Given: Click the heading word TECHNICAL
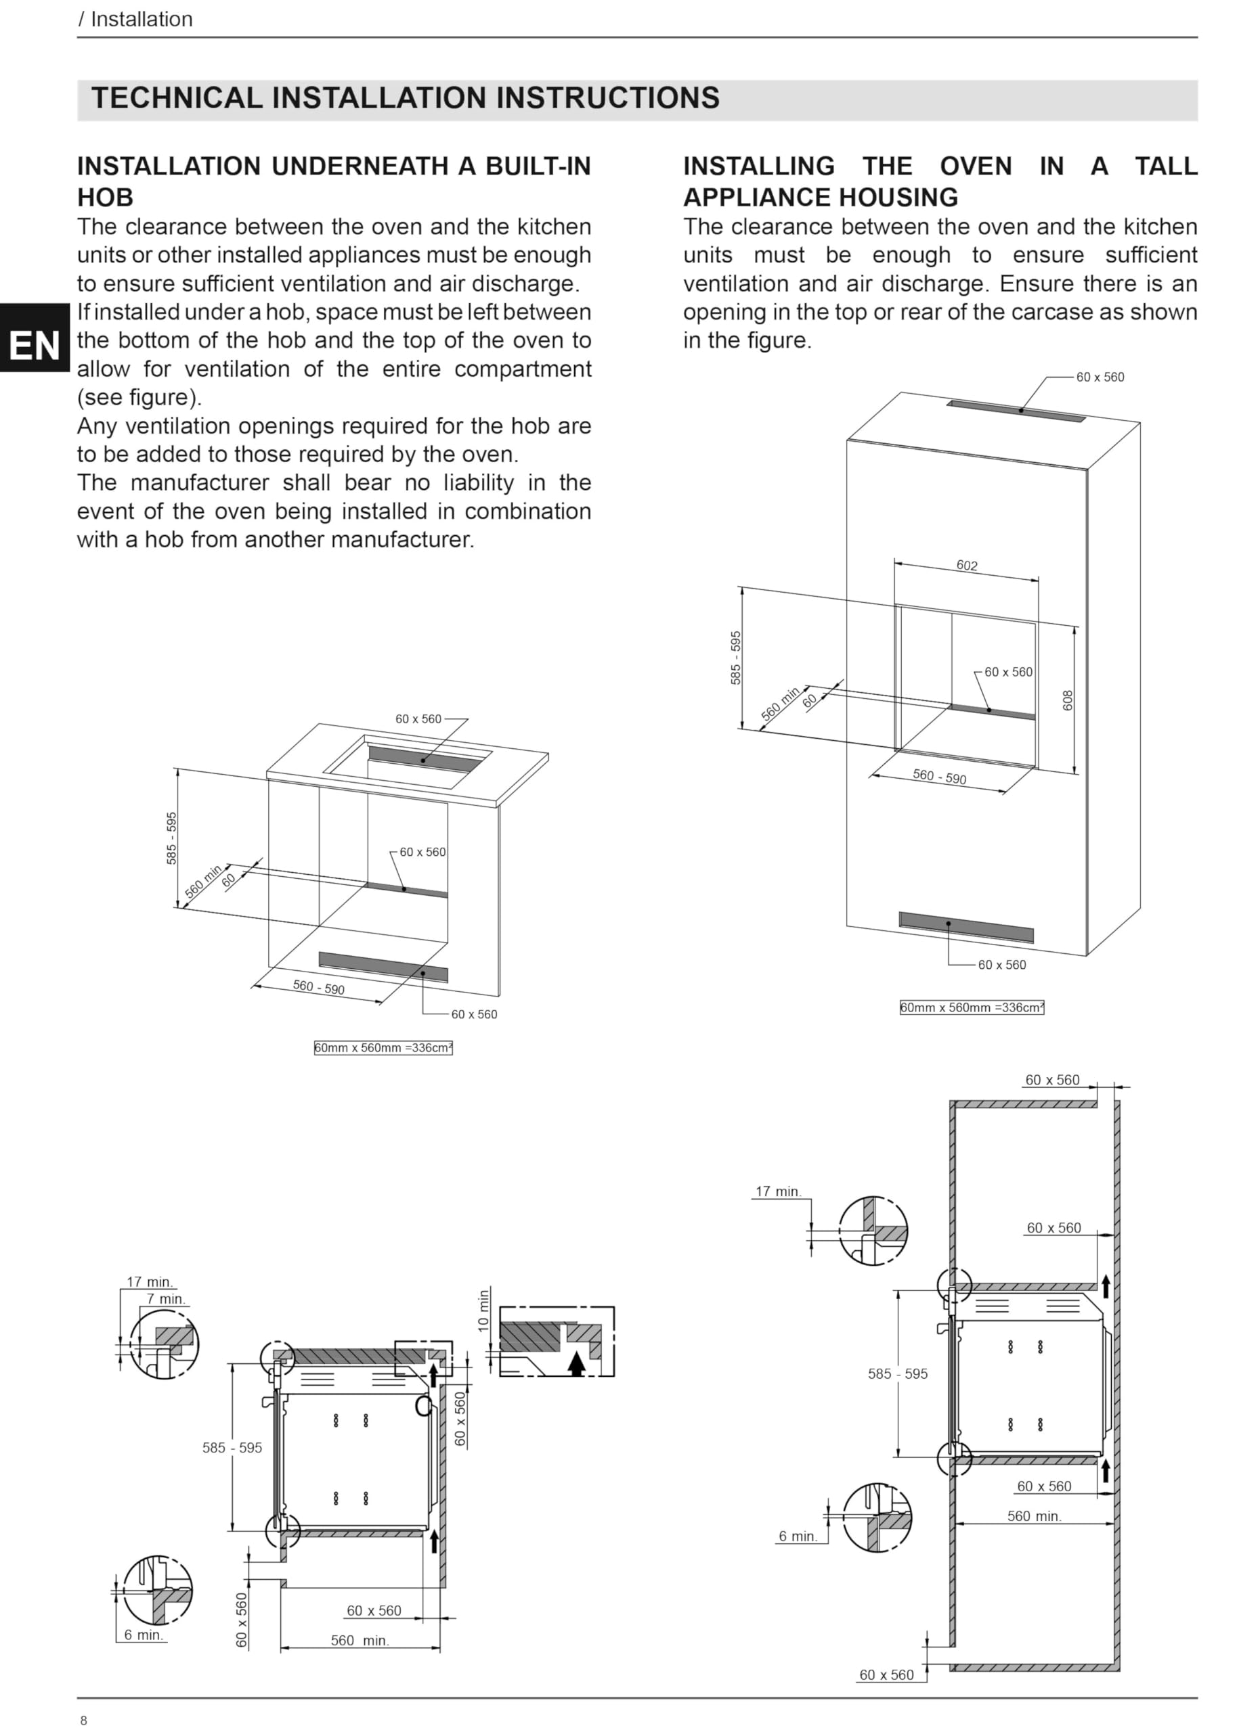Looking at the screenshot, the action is point(177,97).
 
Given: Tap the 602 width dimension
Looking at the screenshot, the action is point(967,565).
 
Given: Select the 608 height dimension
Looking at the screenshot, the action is point(1068,700).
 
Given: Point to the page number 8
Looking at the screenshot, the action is point(84,1720).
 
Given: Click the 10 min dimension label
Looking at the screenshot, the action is point(483,1311).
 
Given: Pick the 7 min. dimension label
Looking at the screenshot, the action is point(166,1298).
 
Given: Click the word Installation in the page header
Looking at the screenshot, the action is point(142,19).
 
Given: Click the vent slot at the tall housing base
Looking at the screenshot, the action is point(966,927).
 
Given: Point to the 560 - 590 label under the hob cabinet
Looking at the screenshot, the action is point(319,987).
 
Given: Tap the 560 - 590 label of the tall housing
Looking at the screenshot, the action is point(939,777).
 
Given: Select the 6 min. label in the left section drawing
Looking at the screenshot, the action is point(144,1635).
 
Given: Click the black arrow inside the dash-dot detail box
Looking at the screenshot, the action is point(577,1363).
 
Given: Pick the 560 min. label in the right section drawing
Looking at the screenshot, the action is point(1035,1516).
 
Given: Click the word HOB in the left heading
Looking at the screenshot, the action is point(106,197).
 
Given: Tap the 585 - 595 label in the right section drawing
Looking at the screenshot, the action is point(898,1374).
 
